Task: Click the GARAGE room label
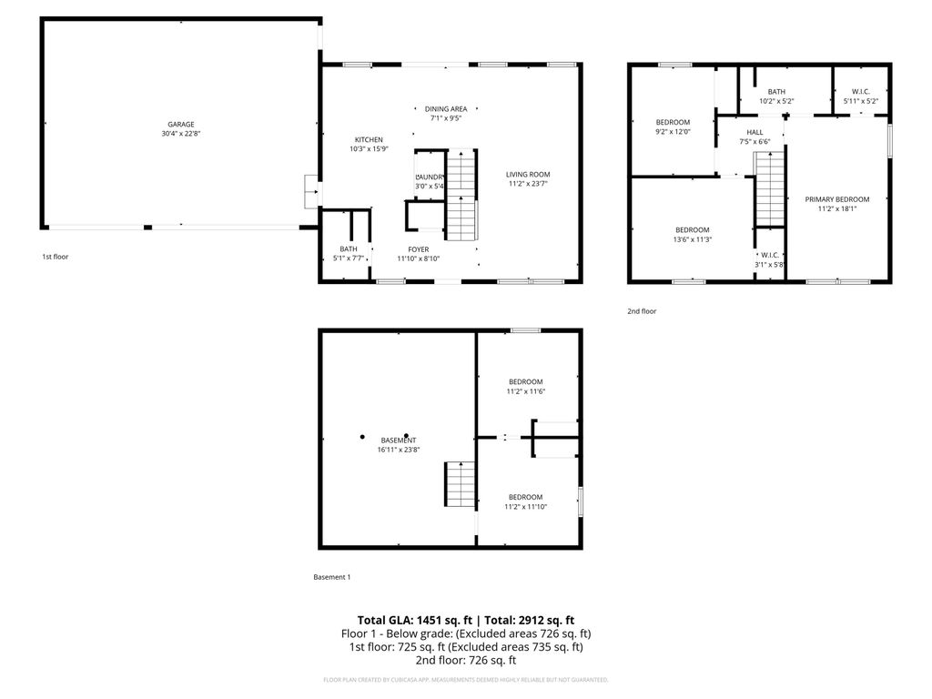pos(180,125)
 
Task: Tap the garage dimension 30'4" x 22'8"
pos(180,135)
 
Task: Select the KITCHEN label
pos(369,139)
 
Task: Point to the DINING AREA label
pos(446,108)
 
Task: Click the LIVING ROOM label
pos(528,174)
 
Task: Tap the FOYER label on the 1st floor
pos(418,248)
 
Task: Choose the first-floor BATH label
pos(349,248)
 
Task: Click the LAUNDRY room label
pos(430,177)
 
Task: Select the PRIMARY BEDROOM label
pos(836,199)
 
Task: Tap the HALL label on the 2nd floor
pos(755,132)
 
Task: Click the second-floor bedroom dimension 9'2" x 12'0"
pos(673,132)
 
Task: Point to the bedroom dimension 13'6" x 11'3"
pos(693,240)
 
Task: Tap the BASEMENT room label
pos(399,440)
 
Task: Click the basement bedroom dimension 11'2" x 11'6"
pos(525,391)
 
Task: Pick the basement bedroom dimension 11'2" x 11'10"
pos(525,507)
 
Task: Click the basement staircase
pos(460,484)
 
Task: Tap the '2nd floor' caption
pos(641,311)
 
